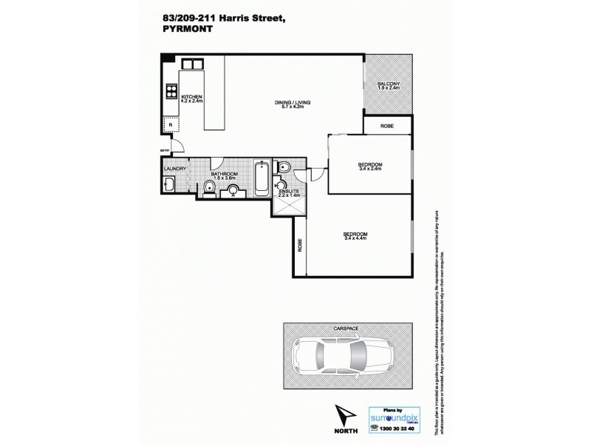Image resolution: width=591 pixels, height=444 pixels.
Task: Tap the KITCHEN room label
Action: pyautogui.click(x=191, y=98)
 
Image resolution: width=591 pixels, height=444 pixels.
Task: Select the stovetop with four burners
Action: pyautogui.click(x=171, y=92)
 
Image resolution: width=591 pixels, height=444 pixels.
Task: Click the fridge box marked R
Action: pyautogui.click(x=171, y=125)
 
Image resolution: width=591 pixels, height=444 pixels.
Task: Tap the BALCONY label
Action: pyautogui.click(x=388, y=84)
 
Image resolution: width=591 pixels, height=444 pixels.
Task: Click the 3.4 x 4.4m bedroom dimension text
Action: pyautogui.click(x=355, y=238)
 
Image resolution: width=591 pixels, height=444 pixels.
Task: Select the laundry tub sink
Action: pyautogui.click(x=170, y=184)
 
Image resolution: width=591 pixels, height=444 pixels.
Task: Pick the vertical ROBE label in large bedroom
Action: pyautogui.click(x=300, y=246)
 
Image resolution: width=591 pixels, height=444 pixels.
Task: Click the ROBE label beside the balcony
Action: pyautogui.click(x=386, y=127)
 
